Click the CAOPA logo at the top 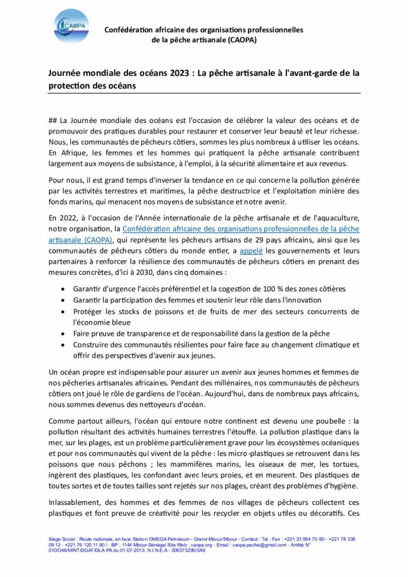(x=72, y=25)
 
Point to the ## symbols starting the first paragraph (x=54, y=121)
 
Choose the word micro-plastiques (x=302, y=453)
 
